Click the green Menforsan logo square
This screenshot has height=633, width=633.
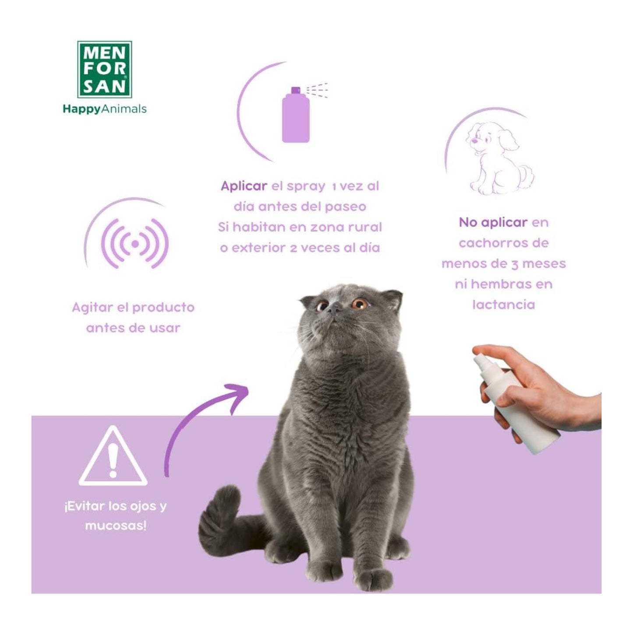click(x=104, y=69)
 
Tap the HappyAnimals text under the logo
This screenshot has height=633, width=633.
click(x=104, y=109)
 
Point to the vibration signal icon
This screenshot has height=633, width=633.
click(x=135, y=243)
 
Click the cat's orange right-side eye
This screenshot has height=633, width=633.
click(x=360, y=304)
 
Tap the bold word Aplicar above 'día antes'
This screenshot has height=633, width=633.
click(x=244, y=186)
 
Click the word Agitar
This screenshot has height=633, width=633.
click(x=92, y=308)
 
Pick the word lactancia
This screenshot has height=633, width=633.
click(x=503, y=304)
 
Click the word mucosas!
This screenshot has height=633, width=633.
click(x=116, y=525)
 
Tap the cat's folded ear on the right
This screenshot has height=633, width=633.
click(x=393, y=299)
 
